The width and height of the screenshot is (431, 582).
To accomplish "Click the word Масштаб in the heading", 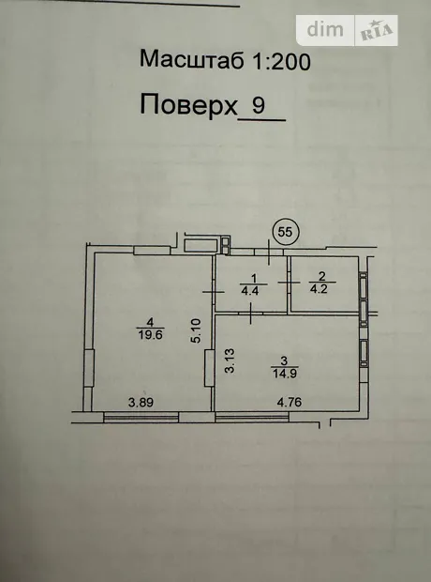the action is pos(191,59).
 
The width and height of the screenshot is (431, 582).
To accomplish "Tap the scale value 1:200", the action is pos(281,61).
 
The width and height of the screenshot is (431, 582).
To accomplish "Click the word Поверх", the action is pos(188,105).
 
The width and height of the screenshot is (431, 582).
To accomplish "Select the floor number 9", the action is pos(259,105).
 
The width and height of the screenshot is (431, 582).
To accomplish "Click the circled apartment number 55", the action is pos(286,233).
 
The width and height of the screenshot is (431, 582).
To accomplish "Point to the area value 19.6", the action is pos(151,335).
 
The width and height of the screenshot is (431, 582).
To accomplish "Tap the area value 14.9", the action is pos(285,374).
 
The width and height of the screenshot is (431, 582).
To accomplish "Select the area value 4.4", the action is pos(250,291).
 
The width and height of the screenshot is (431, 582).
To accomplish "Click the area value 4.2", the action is pos(319,289).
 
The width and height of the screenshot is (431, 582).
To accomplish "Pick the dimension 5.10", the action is pos(196,330).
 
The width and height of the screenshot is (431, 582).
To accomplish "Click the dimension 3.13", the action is pos(230,360).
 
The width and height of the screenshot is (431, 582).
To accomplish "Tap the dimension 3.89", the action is pos(141,403).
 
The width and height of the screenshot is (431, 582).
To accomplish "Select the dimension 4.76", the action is pos(290,402).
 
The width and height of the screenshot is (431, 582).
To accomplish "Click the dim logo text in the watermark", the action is pos(325,30).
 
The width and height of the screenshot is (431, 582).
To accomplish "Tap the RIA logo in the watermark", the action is pos(376,31).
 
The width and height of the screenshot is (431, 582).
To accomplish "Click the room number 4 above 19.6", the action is pos(150,322).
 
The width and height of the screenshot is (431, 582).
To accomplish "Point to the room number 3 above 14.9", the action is pos(284,360).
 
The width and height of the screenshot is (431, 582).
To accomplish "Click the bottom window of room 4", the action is pos(141,418).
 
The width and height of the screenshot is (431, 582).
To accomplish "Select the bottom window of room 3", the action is pos(252,418).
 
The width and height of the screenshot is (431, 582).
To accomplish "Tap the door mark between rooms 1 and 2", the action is pos(290,283).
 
